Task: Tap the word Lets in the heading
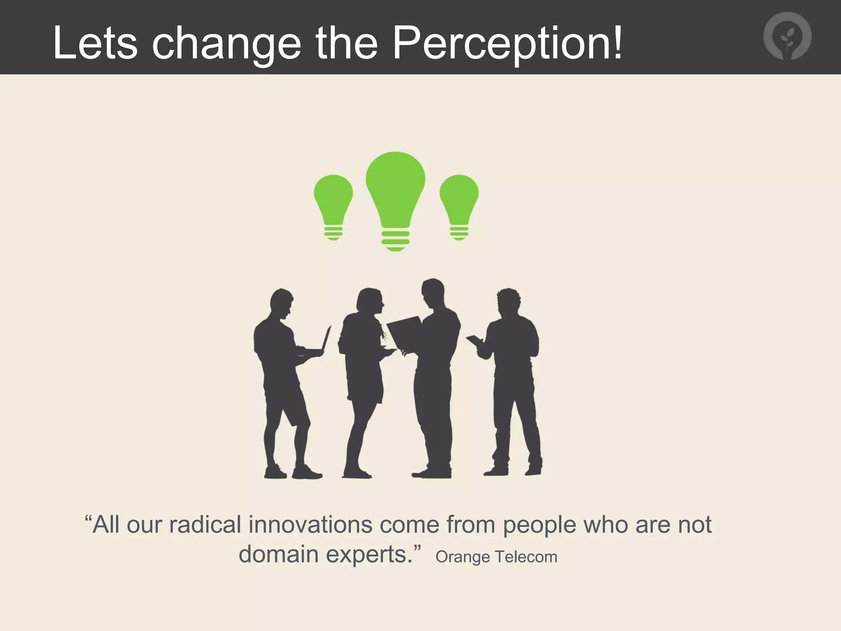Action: coord(95,43)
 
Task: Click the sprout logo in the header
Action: coord(787,36)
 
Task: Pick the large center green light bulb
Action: coord(395,193)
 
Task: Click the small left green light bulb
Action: coord(333,201)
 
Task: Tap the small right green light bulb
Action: coord(459,201)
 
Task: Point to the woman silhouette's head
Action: coord(370,301)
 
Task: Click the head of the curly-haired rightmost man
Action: coord(508,302)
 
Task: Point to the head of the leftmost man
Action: coord(282,303)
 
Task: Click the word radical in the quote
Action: coord(205,525)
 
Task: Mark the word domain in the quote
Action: coord(278,555)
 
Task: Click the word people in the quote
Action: coord(539,526)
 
